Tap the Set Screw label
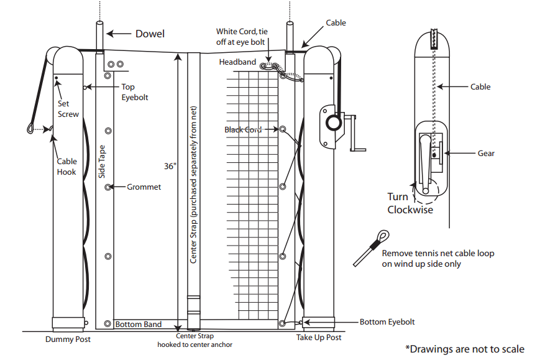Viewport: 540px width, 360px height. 68,109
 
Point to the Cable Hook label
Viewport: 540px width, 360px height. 66,166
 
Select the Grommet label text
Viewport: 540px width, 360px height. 144,187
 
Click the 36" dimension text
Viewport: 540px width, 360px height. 169,167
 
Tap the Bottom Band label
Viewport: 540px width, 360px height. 139,324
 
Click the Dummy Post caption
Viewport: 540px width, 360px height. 68,339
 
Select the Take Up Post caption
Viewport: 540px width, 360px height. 318,338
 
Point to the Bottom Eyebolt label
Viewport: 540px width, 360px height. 387,322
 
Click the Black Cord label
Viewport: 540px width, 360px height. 243,129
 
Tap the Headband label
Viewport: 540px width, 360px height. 238,62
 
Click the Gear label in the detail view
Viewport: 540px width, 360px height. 486,153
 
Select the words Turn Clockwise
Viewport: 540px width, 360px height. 410,203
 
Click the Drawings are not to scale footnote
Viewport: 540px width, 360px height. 464,349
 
